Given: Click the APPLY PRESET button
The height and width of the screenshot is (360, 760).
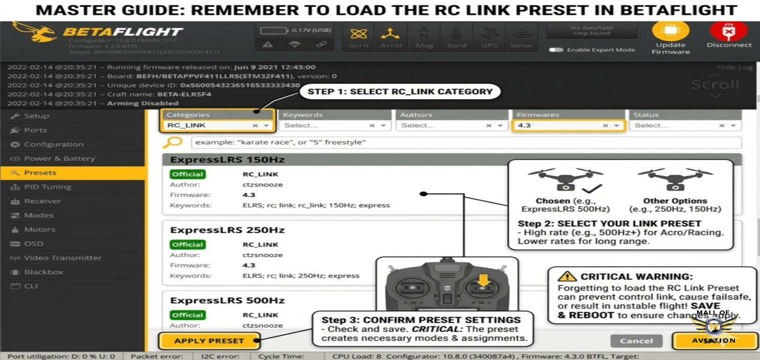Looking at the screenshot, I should [209, 341].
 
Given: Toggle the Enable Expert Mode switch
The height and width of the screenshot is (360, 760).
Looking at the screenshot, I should [556, 50].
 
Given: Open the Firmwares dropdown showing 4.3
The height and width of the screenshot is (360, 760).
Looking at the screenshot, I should [568, 125].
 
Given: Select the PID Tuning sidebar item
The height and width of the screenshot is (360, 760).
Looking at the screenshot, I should [47, 187].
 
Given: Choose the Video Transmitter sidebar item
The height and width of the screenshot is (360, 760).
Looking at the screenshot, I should [62, 258].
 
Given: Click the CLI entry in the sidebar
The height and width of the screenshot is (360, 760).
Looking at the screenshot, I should [31, 286].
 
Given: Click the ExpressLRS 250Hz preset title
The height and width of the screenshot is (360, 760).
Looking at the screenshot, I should [227, 230].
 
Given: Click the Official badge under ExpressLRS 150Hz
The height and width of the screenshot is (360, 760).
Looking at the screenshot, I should [188, 174].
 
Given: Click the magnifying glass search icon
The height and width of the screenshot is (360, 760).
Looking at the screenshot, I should [173, 142].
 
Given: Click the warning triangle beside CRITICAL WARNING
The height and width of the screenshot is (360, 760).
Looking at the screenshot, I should [567, 277].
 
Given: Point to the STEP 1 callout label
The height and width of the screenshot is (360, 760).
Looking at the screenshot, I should [399, 92].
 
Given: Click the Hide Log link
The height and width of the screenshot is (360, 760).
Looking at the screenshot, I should [734, 67].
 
